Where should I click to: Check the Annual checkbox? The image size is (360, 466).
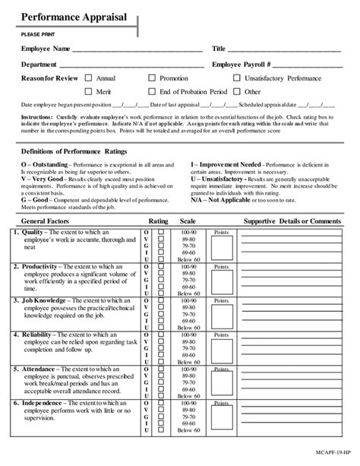pos(88,78)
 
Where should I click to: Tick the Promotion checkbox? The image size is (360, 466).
pos(152,78)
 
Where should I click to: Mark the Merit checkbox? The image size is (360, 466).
pos(88,91)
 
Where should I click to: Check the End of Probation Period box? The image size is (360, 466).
pos(152,91)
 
